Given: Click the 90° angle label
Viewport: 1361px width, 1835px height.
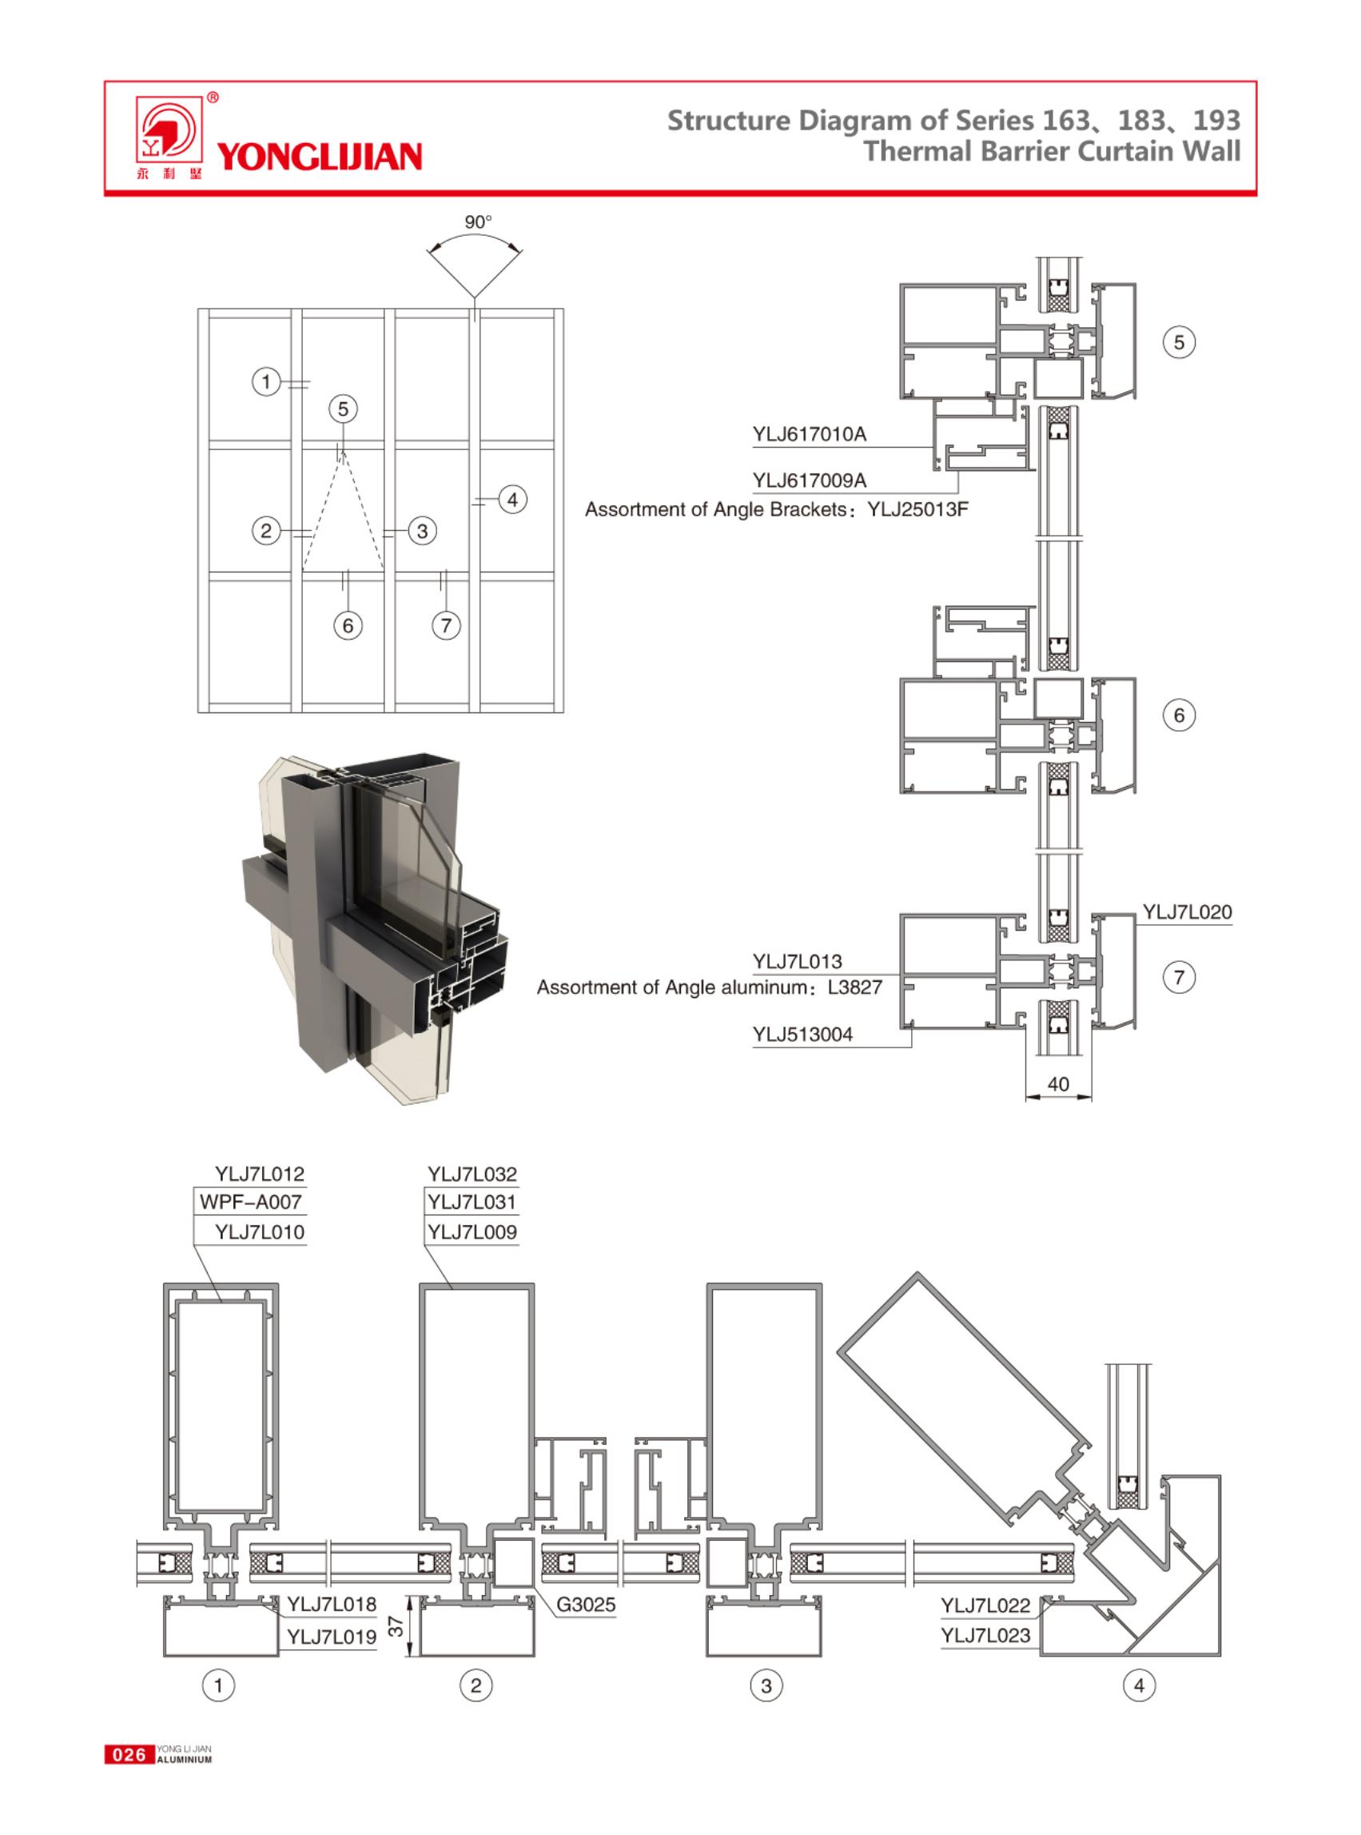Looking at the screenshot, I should [x=478, y=221].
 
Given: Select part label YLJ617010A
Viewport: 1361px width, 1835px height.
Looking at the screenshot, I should [x=809, y=434].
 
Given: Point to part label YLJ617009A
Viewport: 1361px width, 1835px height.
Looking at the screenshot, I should [x=809, y=481].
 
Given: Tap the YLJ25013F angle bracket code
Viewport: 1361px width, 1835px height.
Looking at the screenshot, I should [x=917, y=509].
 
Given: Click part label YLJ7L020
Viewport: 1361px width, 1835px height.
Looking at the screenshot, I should [x=1186, y=912].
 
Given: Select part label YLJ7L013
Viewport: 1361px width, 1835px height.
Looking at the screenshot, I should [x=797, y=961].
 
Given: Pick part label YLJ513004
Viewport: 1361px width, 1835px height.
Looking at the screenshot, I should [x=802, y=1035].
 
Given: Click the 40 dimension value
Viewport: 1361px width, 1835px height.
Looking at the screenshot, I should [x=1058, y=1084].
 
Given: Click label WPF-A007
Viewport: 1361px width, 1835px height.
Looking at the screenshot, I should [x=250, y=1202].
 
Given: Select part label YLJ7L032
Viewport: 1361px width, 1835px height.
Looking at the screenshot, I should [x=472, y=1174].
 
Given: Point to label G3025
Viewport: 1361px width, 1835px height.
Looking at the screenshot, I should [x=586, y=1604].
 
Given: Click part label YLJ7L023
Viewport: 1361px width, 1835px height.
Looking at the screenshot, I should [x=985, y=1635].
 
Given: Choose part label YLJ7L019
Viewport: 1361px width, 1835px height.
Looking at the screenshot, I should [x=331, y=1637].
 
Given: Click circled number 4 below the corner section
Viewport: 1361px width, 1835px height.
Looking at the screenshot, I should [x=1139, y=1685].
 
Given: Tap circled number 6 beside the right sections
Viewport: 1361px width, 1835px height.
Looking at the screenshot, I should [x=1179, y=716].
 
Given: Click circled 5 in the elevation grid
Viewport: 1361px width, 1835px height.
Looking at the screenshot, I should [x=344, y=409].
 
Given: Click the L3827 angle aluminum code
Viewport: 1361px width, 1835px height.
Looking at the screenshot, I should [x=854, y=987].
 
